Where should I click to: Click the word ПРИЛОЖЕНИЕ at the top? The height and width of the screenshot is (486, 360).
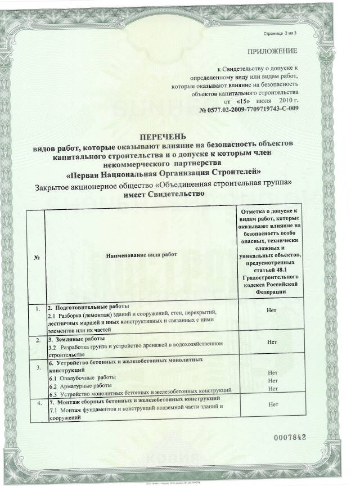click(272, 51)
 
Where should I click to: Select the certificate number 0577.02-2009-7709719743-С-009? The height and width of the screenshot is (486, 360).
click(248, 108)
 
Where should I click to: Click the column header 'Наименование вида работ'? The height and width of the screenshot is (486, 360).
click(141, 254)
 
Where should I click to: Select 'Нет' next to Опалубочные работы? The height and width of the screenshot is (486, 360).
click(273, 373)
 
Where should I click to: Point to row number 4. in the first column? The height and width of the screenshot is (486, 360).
click(37, 403)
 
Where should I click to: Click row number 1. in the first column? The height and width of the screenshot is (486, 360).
click(37, 309)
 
